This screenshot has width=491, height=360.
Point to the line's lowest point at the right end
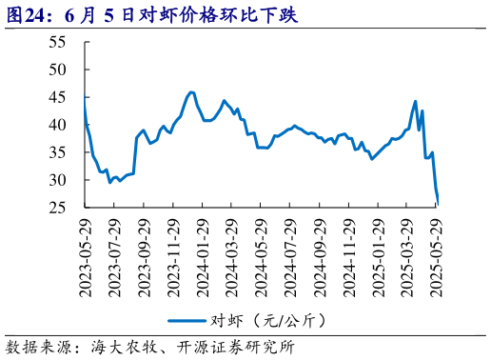click(438, 202)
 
